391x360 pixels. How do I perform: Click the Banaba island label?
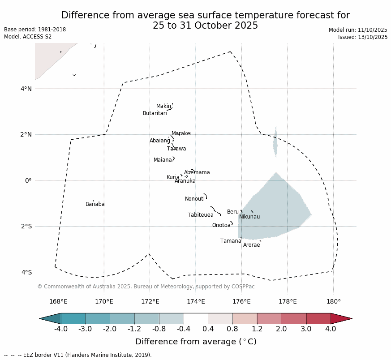tap(95, 205)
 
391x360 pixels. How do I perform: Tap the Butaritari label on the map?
tap(155, 114)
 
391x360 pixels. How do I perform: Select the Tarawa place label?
tap(176, 149)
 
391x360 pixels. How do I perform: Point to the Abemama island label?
tap(197, 173)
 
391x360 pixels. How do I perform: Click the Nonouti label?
tap(194, 199)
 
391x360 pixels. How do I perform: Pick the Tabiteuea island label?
tap(200, 215)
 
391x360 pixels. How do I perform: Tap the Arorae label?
tap(251, 245)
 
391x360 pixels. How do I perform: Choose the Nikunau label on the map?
tap(249, 217)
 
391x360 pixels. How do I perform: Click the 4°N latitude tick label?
tap(26, 89)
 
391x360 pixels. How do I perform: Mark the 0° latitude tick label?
tap(28, 180)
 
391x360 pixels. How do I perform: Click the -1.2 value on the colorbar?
tap(134, 329)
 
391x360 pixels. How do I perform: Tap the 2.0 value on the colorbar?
tap(281, 329)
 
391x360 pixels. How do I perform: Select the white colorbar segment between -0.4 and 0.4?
tap(196, 318)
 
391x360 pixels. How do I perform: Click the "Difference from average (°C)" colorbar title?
tap(196, 342)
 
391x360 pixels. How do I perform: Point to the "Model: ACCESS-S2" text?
tap(28, 37)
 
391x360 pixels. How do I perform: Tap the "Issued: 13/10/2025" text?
tap(362, 37)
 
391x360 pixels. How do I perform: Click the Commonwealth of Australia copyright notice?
tap(146, 287)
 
